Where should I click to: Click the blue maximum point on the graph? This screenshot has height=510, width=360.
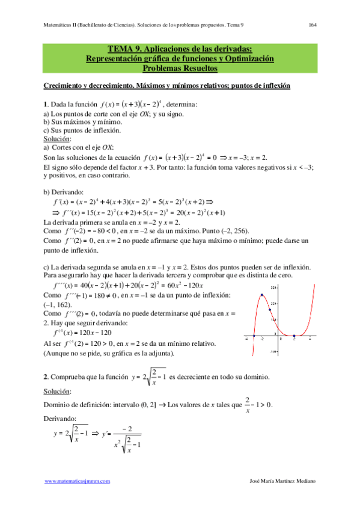point(262,295)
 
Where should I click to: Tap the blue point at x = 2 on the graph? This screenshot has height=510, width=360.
point(294,336)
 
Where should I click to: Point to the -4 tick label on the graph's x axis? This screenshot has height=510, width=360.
point(246,340)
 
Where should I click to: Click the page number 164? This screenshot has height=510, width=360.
point(313,25)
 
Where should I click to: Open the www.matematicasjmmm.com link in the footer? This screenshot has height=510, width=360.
point(81,482)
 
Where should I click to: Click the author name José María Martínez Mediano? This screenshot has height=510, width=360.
point(278,482)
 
